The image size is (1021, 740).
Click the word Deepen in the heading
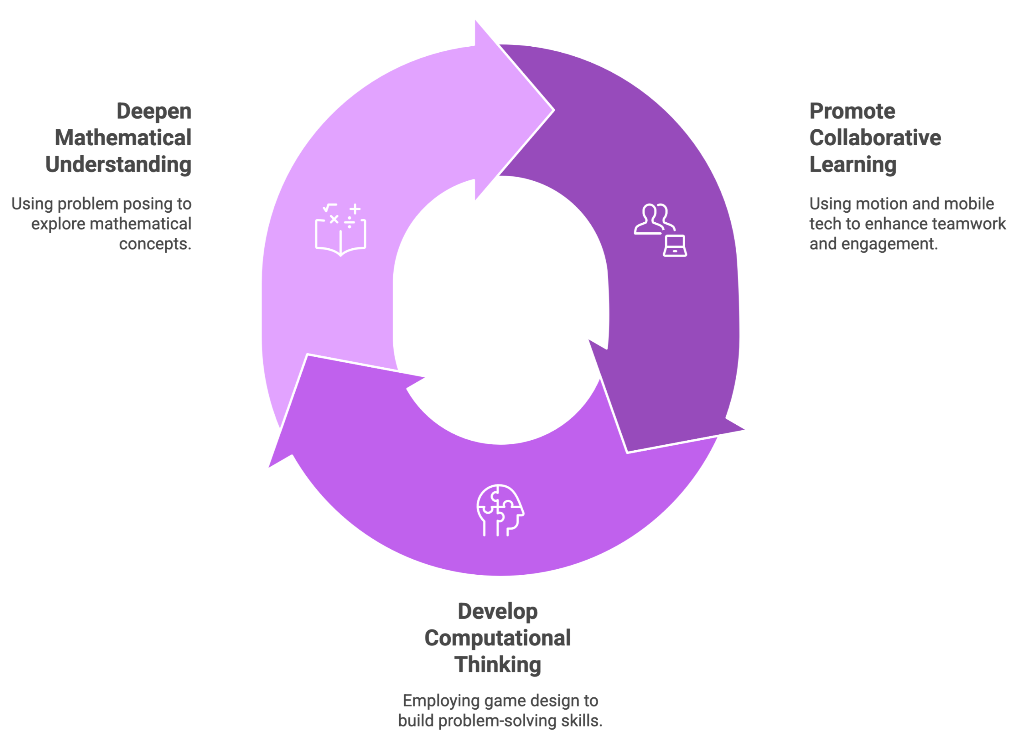tap(154, 112)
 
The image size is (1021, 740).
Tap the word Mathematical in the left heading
tap(123, 138)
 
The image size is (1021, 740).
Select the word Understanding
tap(118, 164)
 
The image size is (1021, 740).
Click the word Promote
tap(852, 112)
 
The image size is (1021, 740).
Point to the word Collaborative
tap(875, 138)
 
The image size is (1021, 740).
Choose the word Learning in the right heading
tap(853, 164)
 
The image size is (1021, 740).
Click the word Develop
tap(497, 611)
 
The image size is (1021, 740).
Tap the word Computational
tap(497, 638)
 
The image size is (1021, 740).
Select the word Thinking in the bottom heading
tap(497, 665)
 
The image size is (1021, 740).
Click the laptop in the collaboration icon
tap(675, 246)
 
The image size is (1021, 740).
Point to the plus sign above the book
tap(355, 209)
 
